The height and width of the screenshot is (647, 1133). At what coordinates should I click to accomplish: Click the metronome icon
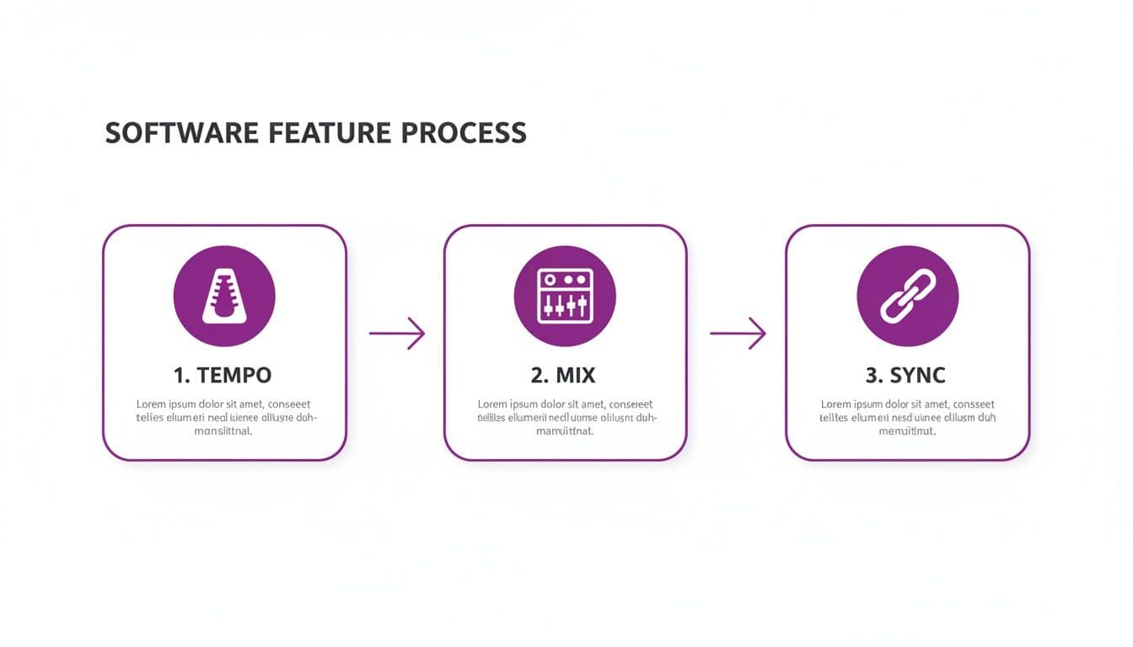[x=224, y=296]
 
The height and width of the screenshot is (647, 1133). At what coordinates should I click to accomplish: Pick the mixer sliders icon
[x=565, y=296]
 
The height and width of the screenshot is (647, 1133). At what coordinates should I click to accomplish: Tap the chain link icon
[x=907, y=296]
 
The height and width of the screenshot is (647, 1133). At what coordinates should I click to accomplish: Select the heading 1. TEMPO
[x=224, y=374]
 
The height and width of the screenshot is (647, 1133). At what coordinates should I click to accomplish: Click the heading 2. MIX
[x=565, y=374]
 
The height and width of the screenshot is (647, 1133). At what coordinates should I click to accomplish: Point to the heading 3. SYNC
[x=907, y=374]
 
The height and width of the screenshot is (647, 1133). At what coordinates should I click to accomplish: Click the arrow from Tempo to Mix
[x=397, y=334]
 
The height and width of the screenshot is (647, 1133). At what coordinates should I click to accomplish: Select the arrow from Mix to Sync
[x=738, y=334]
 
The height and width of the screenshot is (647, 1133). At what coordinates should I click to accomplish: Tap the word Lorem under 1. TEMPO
[x=151, y=404]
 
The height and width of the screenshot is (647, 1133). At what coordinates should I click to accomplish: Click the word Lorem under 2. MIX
[x=492, y=404]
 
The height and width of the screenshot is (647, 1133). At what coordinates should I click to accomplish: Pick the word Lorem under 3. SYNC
[x=835, y=404]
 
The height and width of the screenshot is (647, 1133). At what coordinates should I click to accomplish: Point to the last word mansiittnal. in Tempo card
[x=223, y=431]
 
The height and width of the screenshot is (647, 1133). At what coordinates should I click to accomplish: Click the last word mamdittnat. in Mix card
[x=565, y=431]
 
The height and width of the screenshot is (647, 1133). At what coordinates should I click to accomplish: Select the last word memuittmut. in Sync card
[x=907, y=431]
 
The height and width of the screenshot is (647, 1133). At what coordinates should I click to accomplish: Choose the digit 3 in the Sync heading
[x=872, y=374]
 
